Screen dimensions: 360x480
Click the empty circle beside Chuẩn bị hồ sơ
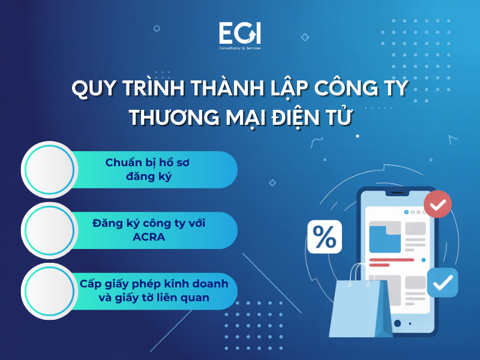click(49, 169)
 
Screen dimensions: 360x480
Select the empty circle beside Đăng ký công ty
click(49, 230)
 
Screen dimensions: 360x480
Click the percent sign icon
click(325, 237)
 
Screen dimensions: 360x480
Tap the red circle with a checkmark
click(438, 205)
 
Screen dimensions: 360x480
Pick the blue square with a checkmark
click(443, 283)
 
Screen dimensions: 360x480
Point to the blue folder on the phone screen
click(385, 237)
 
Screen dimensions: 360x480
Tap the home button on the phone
click(397, 324)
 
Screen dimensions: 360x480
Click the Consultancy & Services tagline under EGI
click(239, 47)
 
